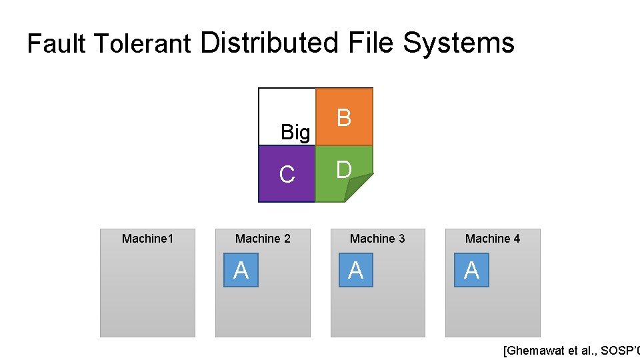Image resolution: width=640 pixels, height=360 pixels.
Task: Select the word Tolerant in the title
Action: [x=143, y=44]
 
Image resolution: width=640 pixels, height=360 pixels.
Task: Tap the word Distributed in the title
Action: [x=269, y=43]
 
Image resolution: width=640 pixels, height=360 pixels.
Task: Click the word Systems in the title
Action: [x=459, y=43]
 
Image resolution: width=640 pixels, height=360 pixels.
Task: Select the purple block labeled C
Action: [x=287, y=174]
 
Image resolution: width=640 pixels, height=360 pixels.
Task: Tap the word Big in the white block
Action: [x=295, y=133]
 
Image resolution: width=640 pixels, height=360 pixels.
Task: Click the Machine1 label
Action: [x=147, y=238]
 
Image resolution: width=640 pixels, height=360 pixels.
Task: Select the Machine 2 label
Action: [x=263, y=238]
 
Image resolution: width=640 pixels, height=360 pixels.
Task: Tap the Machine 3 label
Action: [x=377, y=238]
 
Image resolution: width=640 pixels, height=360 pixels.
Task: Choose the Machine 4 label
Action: [x=493, y=238]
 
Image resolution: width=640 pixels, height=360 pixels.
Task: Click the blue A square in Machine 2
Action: [x=241, y=270]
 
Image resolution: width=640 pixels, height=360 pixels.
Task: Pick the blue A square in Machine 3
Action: [x=355, y=270]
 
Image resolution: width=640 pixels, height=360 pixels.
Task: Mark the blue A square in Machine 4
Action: [x=471, y=270]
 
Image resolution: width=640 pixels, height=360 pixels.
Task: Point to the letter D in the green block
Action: [x=343, y=170]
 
